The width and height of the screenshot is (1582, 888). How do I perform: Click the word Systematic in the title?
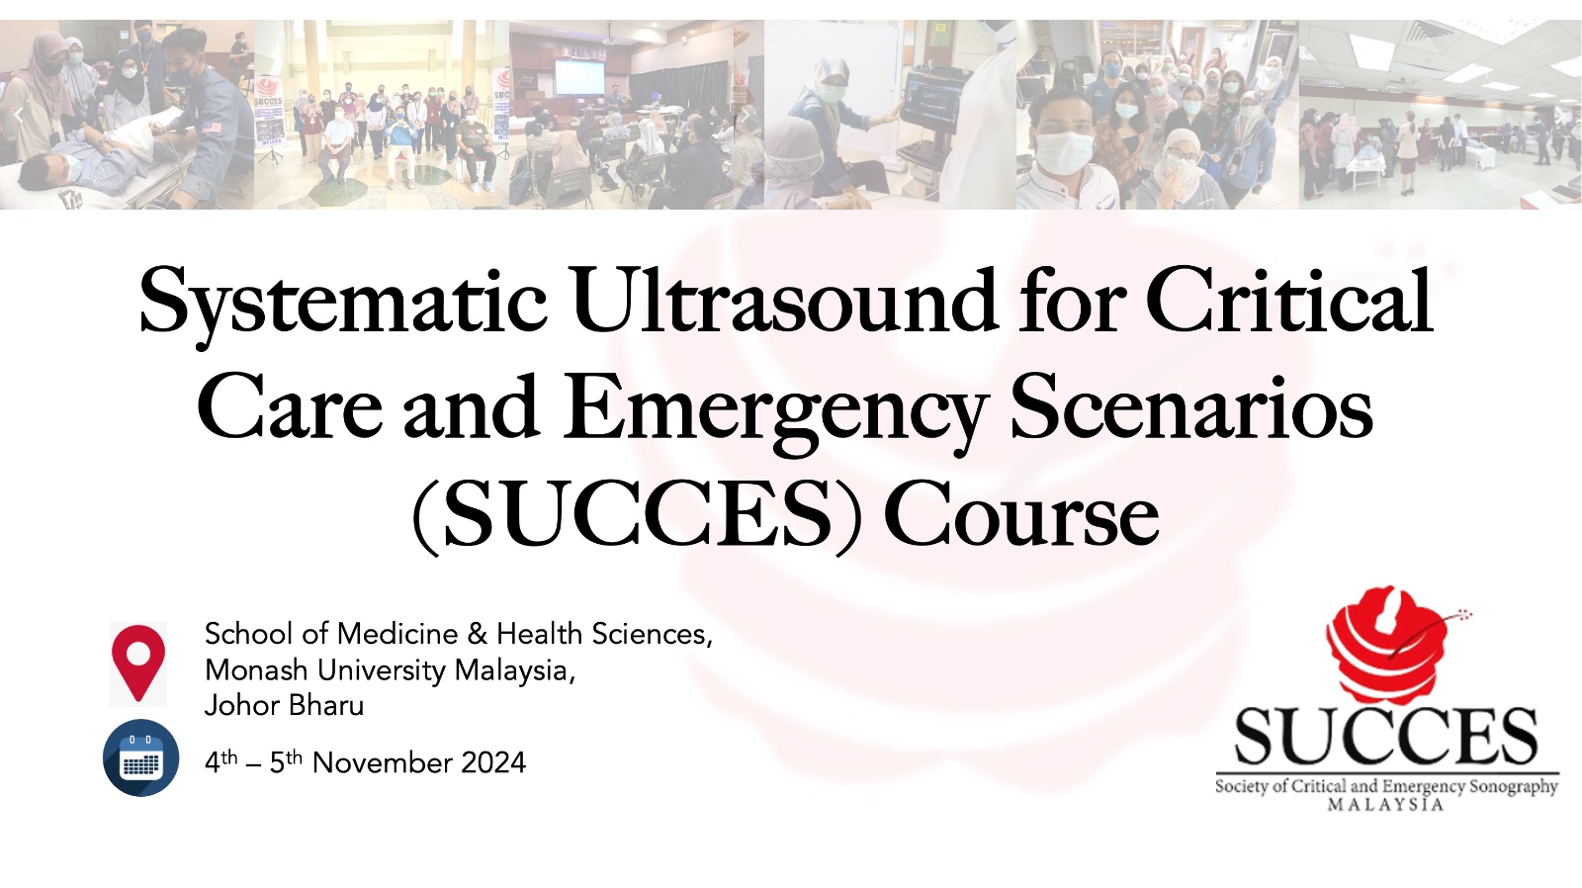click(343, 304)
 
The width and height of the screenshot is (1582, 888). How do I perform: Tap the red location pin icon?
click(138, 663)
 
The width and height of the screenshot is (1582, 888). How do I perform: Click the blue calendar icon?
click(140, 758)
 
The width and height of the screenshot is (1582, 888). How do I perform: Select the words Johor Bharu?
click(284, 706)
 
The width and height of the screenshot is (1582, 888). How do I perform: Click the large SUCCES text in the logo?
click(1386, 736)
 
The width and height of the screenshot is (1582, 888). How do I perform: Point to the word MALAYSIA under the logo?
click(1385, 804)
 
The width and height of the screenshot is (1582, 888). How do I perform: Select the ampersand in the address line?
click(478, 635)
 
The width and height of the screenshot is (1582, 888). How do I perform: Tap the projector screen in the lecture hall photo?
click(579, 77)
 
